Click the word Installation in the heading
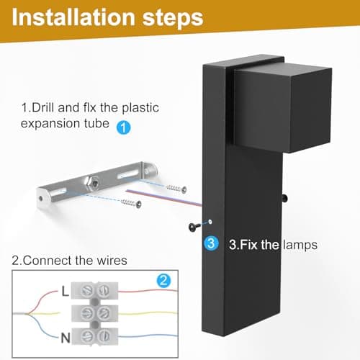[73, 17]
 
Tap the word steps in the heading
[173, 18]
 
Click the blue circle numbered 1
[123, 127]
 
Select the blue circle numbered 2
[163, 280]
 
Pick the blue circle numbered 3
[211, 243]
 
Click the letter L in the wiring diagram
[66, 292]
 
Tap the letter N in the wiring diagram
[66, 338]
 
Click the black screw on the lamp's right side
[284, 198]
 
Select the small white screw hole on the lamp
[210, 222]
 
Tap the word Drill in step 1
[47, 107]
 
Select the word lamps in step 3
[300, 245]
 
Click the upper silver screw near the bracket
[176, 189]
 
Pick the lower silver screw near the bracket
[131, 203]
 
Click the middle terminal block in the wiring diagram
[95, 313]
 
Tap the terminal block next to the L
[95, 290]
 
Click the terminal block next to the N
[95, 336]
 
